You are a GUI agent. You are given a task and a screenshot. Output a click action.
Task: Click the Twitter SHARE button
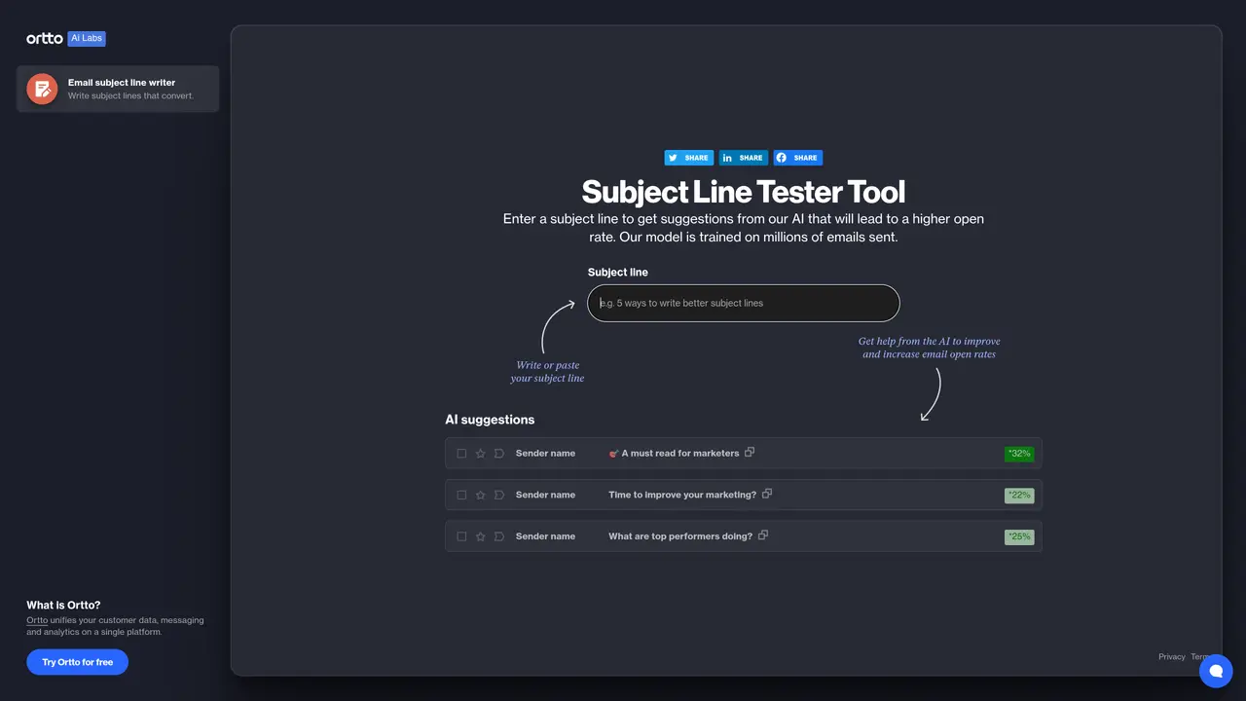click(x=688, y=158)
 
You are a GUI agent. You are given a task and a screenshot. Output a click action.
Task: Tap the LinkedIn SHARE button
click(x=743, y=158)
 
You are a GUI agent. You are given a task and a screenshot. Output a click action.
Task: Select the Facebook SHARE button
click(x=797, y=158)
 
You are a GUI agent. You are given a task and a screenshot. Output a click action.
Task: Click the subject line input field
click(x=743, y=303)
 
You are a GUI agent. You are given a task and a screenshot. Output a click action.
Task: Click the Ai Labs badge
click(x=87, y=38)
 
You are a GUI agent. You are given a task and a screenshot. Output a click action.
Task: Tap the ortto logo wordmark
click(x=45, y=38)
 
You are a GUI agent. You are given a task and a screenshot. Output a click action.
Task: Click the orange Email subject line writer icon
click(x=42, y=89)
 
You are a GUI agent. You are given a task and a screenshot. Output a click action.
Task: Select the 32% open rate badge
click(x=1019, y=454)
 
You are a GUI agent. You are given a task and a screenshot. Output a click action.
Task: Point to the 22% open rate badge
click(x=1019, y=496)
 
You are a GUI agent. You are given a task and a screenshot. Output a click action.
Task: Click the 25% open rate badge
click(x=1019, y=536)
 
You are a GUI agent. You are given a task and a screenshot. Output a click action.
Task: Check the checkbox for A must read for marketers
click(x=461, y=454)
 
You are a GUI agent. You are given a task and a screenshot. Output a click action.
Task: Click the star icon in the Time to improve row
click(x=481, y=496)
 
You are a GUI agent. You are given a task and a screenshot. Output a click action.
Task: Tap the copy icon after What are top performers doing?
click(x=763, y=535)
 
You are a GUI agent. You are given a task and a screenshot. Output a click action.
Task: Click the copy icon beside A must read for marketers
click(x=750, y=452)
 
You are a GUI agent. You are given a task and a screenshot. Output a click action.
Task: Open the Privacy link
click(x=1171, y=657)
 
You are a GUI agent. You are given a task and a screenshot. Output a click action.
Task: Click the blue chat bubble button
click(x=1216, y=671)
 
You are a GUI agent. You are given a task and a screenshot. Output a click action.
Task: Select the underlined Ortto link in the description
click(x=37, y=620)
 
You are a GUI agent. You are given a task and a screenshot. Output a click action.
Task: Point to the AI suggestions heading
click(x=490, y=420)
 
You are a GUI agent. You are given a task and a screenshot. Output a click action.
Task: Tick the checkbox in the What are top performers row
click(x=461, y=536)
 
